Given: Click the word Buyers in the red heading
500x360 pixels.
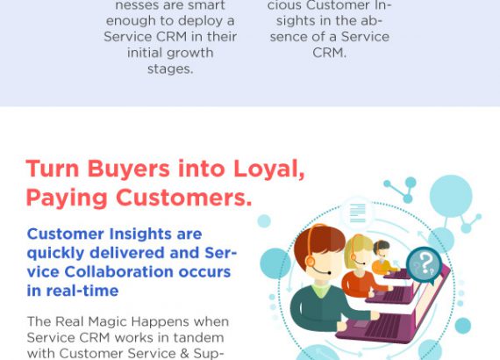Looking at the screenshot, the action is [x=128, y=169].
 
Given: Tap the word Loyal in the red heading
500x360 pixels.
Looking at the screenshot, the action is [x=268, y=169].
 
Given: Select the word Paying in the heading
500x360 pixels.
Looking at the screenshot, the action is [x=67, y=198].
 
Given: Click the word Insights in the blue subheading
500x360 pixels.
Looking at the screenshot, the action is [x=140, y=234].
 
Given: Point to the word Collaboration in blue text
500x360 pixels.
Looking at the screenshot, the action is [x=118, y=271].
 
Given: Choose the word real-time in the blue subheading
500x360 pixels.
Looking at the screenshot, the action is [x=82, y=291].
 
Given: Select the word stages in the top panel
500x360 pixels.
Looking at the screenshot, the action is [x=170, y=69].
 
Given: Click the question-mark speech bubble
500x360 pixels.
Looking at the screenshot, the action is [x=424, y=265].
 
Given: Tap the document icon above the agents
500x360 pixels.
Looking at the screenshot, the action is [x=358, y=213].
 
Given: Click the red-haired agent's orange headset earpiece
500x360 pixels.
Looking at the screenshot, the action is [x=310, y=262].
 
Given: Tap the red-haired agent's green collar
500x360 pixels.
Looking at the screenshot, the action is [x=320, y=290].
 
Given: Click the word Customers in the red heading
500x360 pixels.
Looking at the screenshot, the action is [x=184, y=198].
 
